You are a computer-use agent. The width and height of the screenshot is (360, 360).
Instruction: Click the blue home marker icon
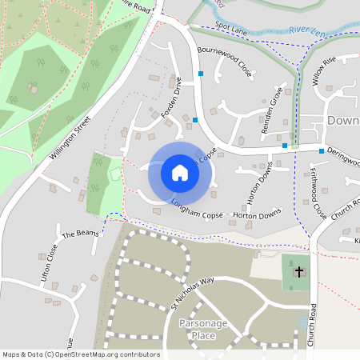click(x=180, y=172)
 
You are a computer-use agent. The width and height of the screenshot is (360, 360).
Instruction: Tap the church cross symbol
click(x=299, y=272)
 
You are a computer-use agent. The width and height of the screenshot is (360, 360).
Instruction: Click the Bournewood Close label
click(x=225, y=62)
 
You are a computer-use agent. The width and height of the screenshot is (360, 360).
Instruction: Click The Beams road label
click(x=78, y=234)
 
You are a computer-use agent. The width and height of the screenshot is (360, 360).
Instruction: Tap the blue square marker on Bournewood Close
click(x=201, y=74)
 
